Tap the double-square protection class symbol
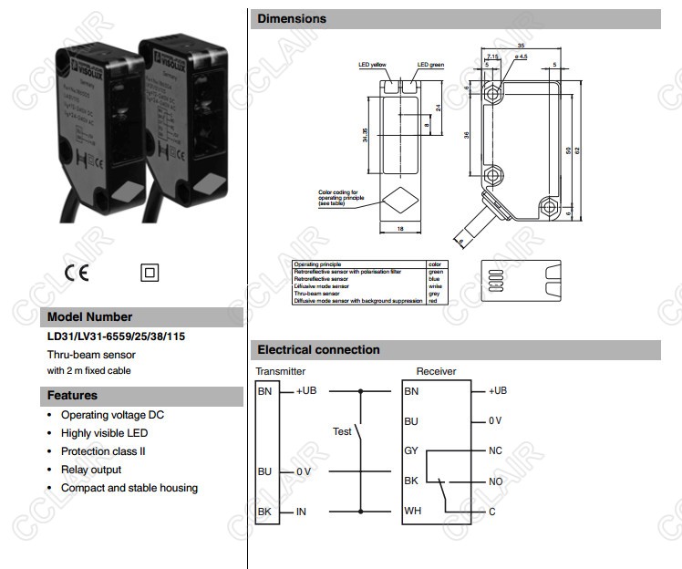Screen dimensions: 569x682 pyautogui.click(x=150, y=272)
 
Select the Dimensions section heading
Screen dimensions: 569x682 pyautogui.click(x=292, y=18)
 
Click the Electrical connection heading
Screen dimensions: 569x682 pyautogui.click(x=318, y=349)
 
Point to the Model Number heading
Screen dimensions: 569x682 pyautogui.click(x=89, y=317)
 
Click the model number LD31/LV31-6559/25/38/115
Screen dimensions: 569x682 pyautogui.click(x=116, y=336)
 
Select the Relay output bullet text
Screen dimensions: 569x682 pyautogui.click(x=91, y=470)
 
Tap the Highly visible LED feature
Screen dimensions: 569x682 pyautogui.click(x=104, y=433)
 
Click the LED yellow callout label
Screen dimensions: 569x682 pyautogui.click(x=373, y=65)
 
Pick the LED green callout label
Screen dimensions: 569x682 pyautogui.click(x=430, y=65)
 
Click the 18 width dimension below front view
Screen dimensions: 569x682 pyautogui.click(x=400, y=229)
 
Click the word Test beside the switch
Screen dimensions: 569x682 pyautogui.click(x=342, y=431)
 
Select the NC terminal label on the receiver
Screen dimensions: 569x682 pyautogui.click(x=495, y=450)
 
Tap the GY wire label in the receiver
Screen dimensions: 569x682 pyautogui.click(x=411, y=450)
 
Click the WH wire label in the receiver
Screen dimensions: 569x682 pyautogui.click(x=412, y=511)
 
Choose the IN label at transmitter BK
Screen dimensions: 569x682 pyautogui.click(x=301, y=512)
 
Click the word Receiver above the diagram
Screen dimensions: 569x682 pyautogui.click(x=436, y=371)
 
